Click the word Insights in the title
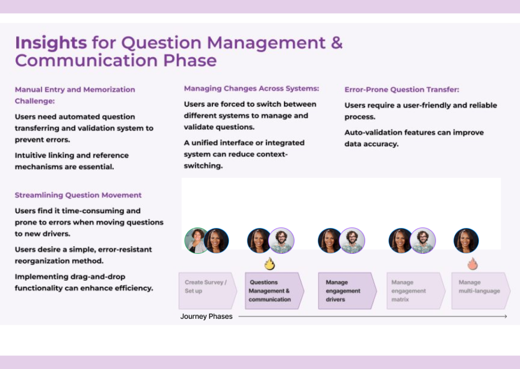coord(51,43)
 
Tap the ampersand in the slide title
coord(337,43)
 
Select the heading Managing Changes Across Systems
coord(251,88)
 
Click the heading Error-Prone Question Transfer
coord(402,89)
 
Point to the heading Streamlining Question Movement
coord(78,195)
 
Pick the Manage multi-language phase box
coord(481,291)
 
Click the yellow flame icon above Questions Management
coord(270,264)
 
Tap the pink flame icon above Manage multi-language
coord(472,264)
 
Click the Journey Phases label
coord(206,316)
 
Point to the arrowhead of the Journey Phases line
coord(506,316)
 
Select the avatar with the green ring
coord(197,241)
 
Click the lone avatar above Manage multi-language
coord(466,241)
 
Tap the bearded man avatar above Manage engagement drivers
coord(352,241)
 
